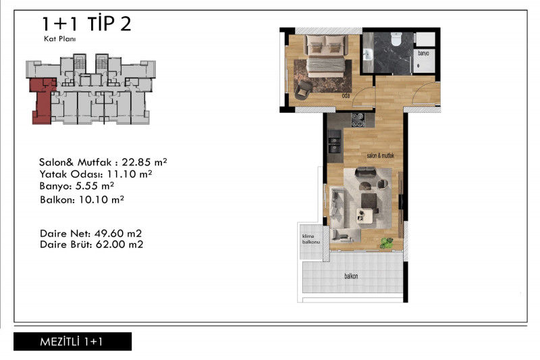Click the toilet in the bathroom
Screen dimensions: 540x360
[396, 39]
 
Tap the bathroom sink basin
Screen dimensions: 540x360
[368, 55]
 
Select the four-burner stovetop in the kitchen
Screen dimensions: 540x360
[358, 120]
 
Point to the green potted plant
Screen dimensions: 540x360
[387, 243]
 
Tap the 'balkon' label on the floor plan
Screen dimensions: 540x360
[351, 276]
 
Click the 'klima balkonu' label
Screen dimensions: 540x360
[311, 239]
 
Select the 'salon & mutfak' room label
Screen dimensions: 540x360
[380, 156]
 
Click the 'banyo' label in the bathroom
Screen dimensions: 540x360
[423, 53]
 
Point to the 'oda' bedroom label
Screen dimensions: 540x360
[346, 95]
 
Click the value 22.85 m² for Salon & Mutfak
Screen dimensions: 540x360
[144, 162]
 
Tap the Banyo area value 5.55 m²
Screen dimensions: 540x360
[94, 186]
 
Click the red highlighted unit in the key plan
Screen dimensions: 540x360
[42, 101]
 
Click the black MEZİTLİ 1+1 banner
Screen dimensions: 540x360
[73, 341]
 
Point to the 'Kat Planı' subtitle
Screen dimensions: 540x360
[59, 38]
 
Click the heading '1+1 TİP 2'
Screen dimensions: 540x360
[86, 24]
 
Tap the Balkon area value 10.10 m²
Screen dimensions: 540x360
[101, 199]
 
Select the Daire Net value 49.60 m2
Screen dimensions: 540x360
[118, 234]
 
